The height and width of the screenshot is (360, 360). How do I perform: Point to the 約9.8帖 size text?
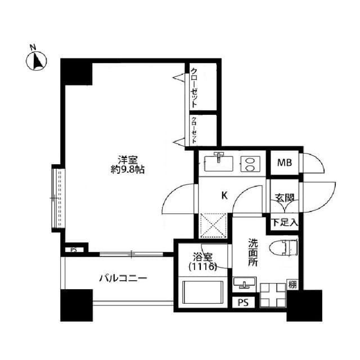[128, 169]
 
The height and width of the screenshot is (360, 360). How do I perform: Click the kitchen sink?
[218, 163]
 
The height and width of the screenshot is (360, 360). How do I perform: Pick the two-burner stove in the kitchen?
[249, 164]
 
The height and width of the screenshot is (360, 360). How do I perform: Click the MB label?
[283, 163]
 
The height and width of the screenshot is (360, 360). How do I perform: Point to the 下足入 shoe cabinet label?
[285, 222]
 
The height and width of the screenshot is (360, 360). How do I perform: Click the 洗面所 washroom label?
[254, 253]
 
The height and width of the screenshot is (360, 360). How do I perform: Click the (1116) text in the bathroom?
[202, 268]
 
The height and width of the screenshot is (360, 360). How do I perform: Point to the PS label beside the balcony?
[74, 250]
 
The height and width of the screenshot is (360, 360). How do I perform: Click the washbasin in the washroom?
[243, 282]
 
